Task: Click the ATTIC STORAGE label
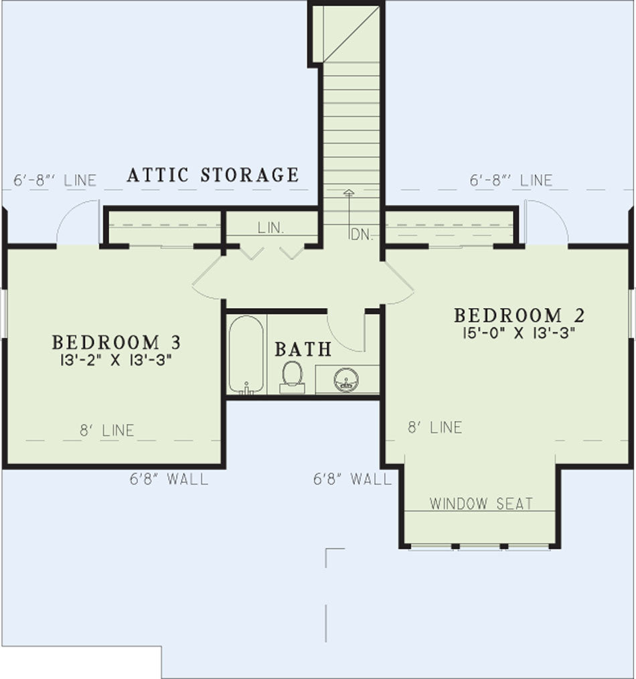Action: click(213, 175)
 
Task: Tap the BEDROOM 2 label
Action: click(519, 315)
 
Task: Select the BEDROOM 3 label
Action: click(116, 343)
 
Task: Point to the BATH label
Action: click(303, 349)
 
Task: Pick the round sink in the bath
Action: click(346, 380)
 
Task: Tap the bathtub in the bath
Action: click(246, 355)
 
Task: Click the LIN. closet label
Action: click(271, 228)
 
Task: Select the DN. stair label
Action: click(362, 235)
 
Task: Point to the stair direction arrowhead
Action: click(348, 192)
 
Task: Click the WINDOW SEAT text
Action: click(481, 504)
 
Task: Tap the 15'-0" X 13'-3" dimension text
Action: click(518, 333)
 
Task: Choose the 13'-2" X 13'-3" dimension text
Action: click(116, 360)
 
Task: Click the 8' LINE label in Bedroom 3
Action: click(107, 431)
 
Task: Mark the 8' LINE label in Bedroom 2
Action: click(434, 428)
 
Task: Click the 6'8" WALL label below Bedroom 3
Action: click(169, 479)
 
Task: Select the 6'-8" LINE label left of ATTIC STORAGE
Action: click(55, 180)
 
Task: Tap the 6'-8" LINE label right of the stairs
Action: click(511, 180)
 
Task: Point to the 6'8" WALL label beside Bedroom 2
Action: click(352, 479)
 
